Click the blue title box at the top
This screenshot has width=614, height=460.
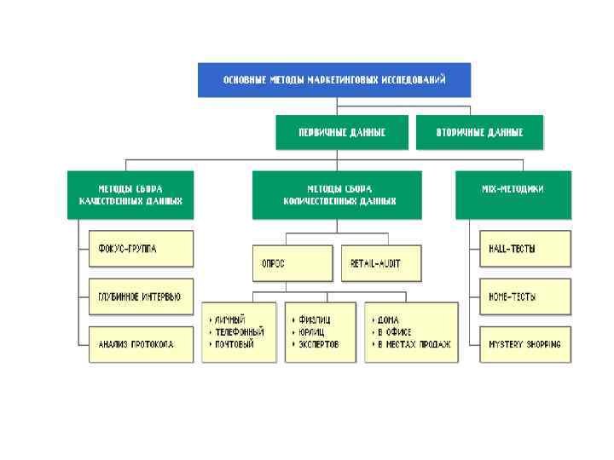[334, 80]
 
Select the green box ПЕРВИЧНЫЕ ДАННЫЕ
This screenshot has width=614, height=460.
[342, 133]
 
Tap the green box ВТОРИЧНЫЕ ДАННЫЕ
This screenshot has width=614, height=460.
[479, 133]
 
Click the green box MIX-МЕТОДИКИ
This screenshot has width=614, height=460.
[513, 188]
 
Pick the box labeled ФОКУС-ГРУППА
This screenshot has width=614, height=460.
[141, 249]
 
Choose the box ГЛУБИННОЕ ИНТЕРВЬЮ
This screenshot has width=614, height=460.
[141, 296]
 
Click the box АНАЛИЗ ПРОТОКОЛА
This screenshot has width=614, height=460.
[141, 344]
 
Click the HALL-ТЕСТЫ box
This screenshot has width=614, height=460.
[524, 249]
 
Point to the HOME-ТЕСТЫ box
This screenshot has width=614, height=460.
[524, 296]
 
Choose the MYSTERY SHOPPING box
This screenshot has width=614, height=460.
[524, 344]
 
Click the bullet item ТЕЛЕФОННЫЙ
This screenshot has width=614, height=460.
[240, 332]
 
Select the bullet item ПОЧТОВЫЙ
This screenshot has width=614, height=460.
[235, 344]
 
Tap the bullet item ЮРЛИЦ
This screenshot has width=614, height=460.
[312, 332]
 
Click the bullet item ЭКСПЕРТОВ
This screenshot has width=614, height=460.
[319, 344]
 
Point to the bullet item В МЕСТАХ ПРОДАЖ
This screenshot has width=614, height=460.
[414, 344]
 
